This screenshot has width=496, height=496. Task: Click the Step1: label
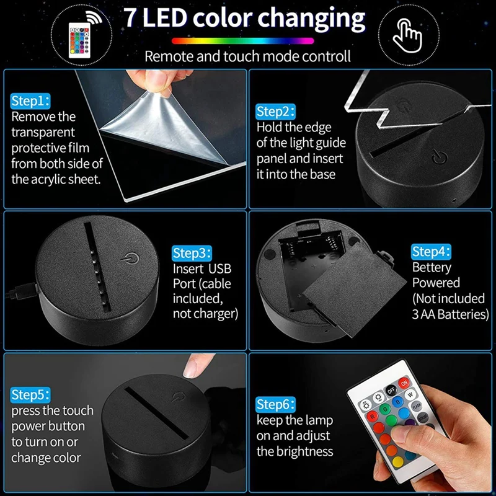click(x=30, y=101)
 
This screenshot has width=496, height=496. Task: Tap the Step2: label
click(x=275, y=112)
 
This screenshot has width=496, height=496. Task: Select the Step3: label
click(x=192, y=253)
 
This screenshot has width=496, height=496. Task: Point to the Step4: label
click(x=431, y=252)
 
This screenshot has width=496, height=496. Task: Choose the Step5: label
click(x=30, y=395)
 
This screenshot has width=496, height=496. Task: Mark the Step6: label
click(x=275, y=405)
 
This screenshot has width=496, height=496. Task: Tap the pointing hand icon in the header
click(x=407, y=36)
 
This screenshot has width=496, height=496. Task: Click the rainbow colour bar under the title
click(x=242, y=41)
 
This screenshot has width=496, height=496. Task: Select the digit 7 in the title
click(x=130, y=18)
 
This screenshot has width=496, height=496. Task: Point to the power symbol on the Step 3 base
click(x=130, y=259)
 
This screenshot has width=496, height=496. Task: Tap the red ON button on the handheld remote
click(x=404, y=383)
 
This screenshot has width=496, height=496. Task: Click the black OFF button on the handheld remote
click(x=391, y=391)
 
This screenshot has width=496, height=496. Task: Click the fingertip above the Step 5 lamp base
click(x=193, y=367)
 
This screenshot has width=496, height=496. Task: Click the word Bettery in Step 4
click(x=432, y=268)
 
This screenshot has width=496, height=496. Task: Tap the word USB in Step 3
click(x=220, y=269)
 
